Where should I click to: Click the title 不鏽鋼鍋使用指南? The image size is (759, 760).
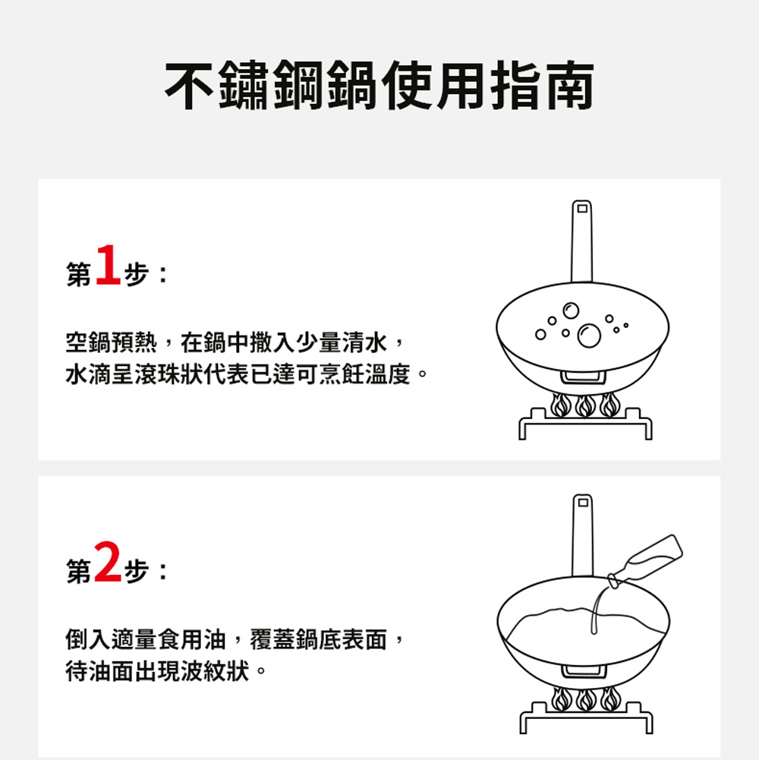pyautogui.click(x=379, y=86)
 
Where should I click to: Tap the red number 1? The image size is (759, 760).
pyautogui.click(x=108, y=265)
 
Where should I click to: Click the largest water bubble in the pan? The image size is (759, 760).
pyautogui.click(x=589, y=336)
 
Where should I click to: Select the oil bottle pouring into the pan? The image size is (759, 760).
pyautogui.click(x=646, y=561)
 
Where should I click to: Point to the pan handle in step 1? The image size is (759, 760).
pyautogui.click(x=581, y=241)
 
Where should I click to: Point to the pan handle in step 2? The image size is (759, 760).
pyautogui.click(x=583, y=536)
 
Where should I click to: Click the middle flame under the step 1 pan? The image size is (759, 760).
pyautogui.click(x=585, y=405)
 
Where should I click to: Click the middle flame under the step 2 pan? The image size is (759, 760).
pyautogui.click(x=586, y=700)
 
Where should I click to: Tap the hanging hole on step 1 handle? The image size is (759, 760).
pyautogui.click(x=582, y=209)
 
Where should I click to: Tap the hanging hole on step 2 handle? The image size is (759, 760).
pyautogui.click(x=583, y=503)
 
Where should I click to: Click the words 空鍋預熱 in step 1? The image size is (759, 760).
pyautogui.click(x=112, y=342)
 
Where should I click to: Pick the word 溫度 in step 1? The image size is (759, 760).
pyautogui.click(x=388, y=374)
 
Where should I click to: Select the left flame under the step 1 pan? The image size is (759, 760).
pyautogui.click(x=560, y=405)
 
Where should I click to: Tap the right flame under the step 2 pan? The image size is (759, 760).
pyautogui.click(x=611, y=700)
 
